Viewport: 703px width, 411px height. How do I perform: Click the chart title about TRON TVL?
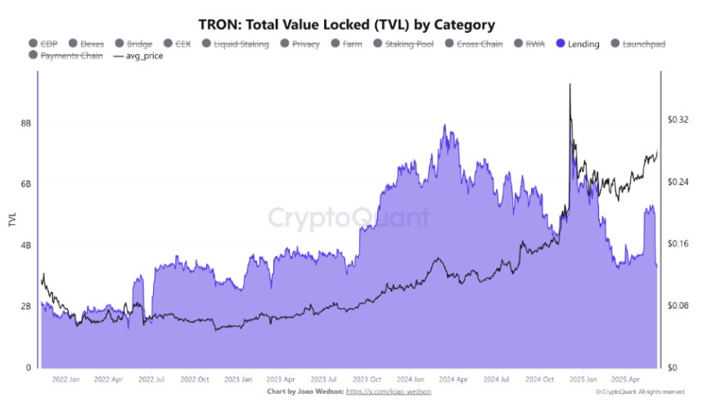coord(346,25)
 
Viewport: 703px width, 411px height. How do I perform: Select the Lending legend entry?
coord(583,43)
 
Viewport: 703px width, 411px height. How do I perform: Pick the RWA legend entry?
coord(535,43)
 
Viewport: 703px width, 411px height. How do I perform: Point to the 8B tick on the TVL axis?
coord(26,123)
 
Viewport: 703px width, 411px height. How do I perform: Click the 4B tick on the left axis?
coord(26,245)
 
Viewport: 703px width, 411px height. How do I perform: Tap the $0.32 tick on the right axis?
coord(678,120)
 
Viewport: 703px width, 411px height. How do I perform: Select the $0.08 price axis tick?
coord(678,305)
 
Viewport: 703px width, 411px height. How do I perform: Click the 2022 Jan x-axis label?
coord(65,379)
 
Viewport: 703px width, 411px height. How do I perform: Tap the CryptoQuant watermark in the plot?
coord(349,218)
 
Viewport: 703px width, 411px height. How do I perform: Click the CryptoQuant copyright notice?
coord(633,392)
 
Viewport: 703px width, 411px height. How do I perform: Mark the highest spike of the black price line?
coord(570,84)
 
